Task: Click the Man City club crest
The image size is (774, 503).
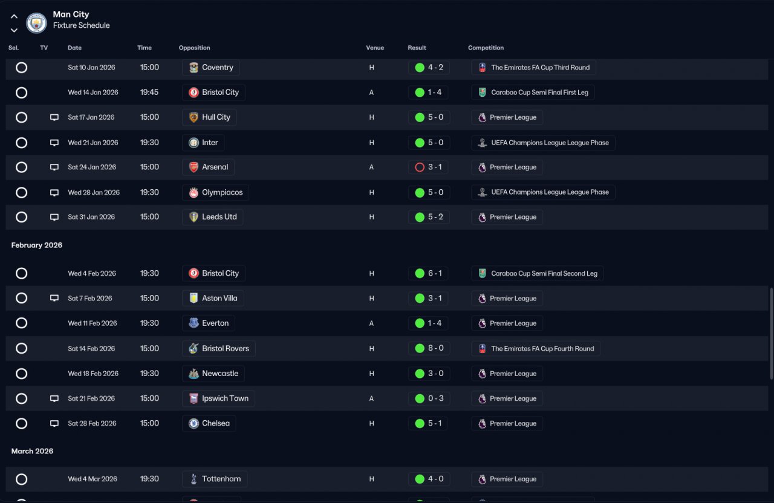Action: point(36,23)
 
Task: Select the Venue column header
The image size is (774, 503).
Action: point(375,48)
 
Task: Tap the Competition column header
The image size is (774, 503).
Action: point(486,48)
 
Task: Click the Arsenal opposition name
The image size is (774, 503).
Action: point(215,167)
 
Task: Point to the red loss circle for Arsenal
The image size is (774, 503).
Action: point(420,167)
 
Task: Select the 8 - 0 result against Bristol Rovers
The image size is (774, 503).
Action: point(435,348)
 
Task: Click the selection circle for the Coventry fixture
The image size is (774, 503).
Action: point(21,67)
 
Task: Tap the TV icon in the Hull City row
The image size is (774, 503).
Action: point(54,117)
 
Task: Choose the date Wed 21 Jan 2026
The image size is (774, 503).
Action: point(93,143)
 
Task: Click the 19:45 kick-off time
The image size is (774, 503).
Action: point(149,92)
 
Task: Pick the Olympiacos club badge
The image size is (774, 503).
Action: point(193,192)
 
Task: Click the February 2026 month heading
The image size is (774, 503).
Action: point(37,245)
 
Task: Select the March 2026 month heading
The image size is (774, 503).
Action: point(32,451)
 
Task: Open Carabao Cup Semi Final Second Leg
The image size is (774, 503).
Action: point(544,274)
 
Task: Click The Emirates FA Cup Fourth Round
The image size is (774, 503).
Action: point(542,349)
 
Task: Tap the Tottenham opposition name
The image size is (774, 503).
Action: point(221,479)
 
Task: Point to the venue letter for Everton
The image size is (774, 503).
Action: point(371,323)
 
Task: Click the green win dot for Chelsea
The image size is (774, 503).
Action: point(420,424)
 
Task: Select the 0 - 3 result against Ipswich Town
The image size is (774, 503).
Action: point(435,398)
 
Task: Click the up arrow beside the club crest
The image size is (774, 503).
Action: point(14,16)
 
